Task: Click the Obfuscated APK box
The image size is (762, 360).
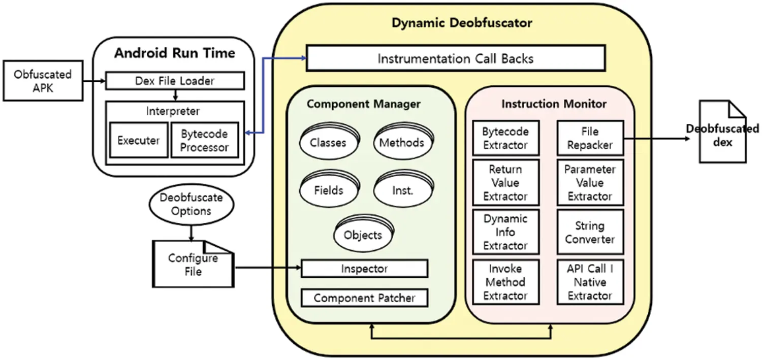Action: pos(43,81)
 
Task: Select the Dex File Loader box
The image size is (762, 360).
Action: pos(175,81)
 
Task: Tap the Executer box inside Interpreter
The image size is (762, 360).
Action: pos(139,140)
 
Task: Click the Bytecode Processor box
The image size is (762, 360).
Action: pos(204,140)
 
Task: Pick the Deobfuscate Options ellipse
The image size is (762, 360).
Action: pos(192,204)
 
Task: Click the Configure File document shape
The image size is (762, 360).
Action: pos(193,265)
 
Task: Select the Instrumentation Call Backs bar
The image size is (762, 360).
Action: pos(455,58)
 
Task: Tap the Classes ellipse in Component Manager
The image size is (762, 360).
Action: pos(328,143)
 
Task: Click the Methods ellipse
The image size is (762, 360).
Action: pos(401,143)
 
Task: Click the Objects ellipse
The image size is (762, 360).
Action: pos(362,235)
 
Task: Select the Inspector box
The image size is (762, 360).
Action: pos(364,269)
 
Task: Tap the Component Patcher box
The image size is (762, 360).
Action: pos(364,298)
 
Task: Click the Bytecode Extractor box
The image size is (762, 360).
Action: pos(505,138)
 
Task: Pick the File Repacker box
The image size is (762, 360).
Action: pos(590,138)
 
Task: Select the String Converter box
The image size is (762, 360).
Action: pos(590,232)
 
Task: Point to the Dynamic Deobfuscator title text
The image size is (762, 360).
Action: pos(462,23)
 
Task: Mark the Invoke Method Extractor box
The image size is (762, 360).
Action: pos(505,282)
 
